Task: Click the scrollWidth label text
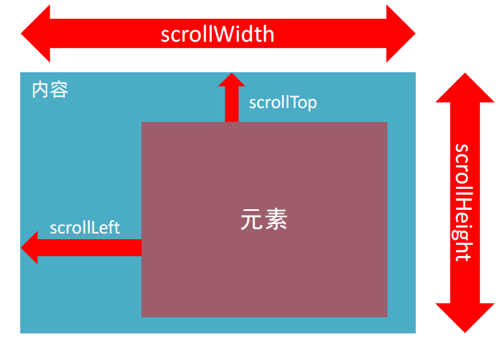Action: coord(218,35)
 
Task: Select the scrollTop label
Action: coord(283,103)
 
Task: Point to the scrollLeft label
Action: coord(85,228)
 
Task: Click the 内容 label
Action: coord(50,90)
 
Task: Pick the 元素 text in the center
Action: coord(264,220)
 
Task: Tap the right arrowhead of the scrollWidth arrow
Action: coord(401,34)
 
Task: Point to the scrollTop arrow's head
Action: coord(232,80)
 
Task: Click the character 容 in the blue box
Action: coord(59,90)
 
